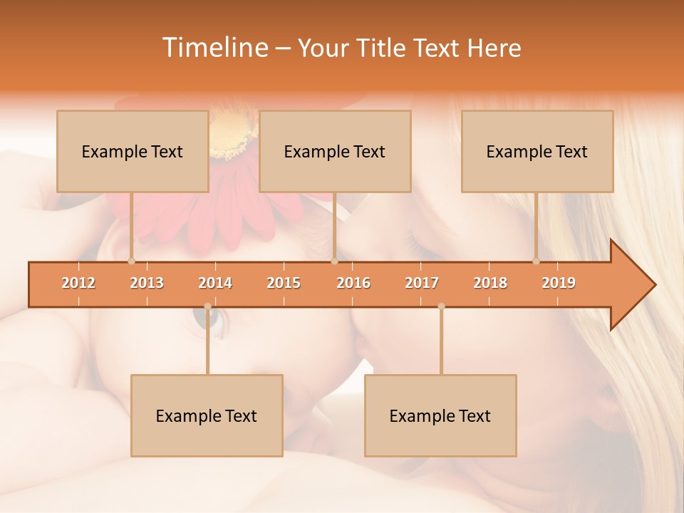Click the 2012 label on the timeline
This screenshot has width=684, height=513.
pyautogui.click(x=78, y=283)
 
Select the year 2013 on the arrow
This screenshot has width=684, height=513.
pyautogui.click(x=147, y=283)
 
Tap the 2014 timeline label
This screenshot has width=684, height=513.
pyautogui.click(x=215, y=283)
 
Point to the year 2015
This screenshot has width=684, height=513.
pyautogui.click(x=284, y=283)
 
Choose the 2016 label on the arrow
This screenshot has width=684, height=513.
pyautogui.click(x=353, y=283)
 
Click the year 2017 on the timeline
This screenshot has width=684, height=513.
pyautogui.click(x=422, y=283)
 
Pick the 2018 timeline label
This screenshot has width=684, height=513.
pyautogui.click(x=490, y=283)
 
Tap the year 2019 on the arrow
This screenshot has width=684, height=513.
pyautogui.click(x=559, y=283)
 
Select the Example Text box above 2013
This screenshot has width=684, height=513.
pyautogui.click(x=133, y=151)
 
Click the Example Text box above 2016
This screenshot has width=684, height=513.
pyautogui.click(x=335, y=151)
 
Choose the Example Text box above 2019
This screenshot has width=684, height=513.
pyautogui.click(x=537, y=151)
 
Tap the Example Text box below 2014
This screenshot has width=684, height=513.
pyautogui.click(x=207, y=415)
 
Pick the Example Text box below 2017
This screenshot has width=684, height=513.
pyautogui.click(x=440, y=415)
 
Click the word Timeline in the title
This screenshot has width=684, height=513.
pyautogui.click(x=213, y=48)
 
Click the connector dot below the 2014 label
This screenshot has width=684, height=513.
pyautogui.click(x=207, y=306)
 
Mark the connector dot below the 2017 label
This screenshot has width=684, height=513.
pyautogui.click(x=441, y=306)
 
